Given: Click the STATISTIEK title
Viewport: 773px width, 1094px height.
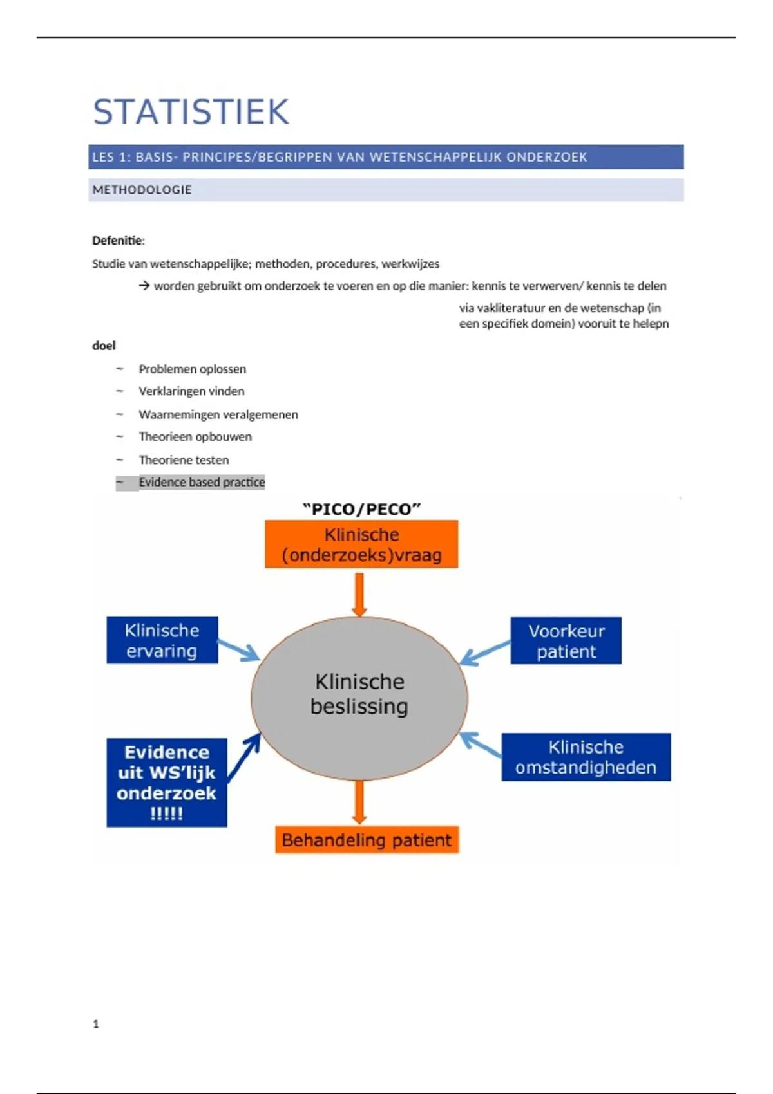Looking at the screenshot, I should tap(191, 112).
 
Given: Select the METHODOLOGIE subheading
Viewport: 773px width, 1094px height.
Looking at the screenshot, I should tap(142, 190).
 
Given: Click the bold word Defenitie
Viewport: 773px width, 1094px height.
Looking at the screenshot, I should tap(117, 241).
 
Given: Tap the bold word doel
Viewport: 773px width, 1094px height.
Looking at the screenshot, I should tap(104, 346).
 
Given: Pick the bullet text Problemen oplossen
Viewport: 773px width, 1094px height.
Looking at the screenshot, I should tap(192, 369).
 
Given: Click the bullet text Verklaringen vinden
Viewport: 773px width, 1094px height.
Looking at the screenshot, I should tap(191, 391).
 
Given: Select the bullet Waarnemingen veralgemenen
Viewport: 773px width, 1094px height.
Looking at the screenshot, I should tap(218, 414).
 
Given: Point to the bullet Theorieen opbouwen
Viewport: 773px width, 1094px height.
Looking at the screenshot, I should tap(195, 437).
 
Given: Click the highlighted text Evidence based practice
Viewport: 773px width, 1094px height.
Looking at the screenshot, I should tap(202, 482).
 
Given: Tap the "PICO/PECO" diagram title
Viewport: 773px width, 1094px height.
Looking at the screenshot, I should tap(361, 509).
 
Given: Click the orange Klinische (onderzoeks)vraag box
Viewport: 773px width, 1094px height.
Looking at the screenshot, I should tap(361, 544).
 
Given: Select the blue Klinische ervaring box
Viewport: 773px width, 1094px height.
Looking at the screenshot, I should tap(162, 640).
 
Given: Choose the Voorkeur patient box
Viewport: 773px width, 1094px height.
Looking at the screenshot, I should tap(566, 641).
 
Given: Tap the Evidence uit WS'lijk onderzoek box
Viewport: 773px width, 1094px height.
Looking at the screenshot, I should tap(167, 783).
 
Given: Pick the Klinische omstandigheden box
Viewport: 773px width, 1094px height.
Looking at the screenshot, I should tap(586, 757).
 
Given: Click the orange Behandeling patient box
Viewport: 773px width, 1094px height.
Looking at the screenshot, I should tap(367, 840).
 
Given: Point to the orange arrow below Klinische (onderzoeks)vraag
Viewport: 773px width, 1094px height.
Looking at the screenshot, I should tap(359, 593).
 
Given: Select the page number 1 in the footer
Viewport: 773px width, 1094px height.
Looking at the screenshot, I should tap(96, 1024).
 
